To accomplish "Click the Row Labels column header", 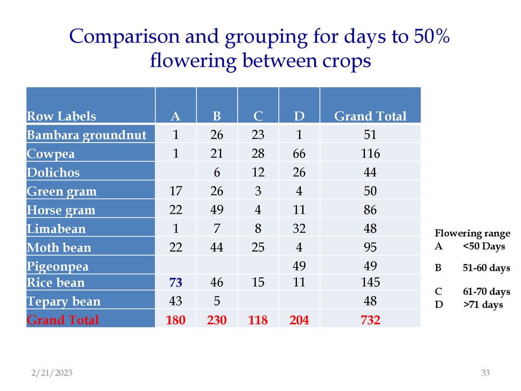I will click(x=61, y=117).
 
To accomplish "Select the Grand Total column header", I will click(x=370, y=117).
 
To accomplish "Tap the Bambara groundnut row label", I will click(x=86, y=135).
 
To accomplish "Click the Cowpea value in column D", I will click(x=299, y=154).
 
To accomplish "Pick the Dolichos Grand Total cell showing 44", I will click(x=370, y=173).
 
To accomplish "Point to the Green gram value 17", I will click(x=176, y=191).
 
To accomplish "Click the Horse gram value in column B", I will click(x=217, y=210).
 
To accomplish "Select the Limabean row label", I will click(x=56, y=229).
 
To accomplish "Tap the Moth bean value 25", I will click(x=258, y=248).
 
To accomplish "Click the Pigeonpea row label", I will click(x=57, y=267).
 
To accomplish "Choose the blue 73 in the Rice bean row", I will click(x=176, y=283).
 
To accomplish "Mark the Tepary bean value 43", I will click(x=176, y=301).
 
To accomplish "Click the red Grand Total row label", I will click(x=63, y=320).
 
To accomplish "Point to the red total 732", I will click(x=370, y=320).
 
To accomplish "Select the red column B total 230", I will click(x=217, y=320).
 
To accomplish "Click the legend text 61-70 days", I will click(x=486, y=292).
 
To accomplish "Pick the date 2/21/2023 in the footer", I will click(x=52, y=373).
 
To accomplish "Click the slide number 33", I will click(x=485, y=373).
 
